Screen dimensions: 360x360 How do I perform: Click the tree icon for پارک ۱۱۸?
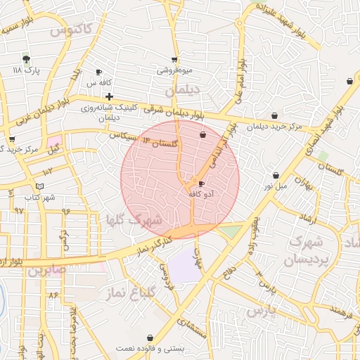point(27,58)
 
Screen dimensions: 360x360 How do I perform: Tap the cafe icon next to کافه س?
point(99,72)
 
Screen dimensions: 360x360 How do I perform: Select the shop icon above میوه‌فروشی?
point(174,60)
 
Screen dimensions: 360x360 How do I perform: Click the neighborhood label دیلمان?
point(184,91)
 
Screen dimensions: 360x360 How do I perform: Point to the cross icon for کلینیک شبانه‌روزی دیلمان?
point(109,96)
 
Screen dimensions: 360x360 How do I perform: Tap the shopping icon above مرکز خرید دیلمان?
point(274,115)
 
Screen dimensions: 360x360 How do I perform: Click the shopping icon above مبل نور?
point(276,175)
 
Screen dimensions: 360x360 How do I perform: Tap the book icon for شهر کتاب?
point(40,186)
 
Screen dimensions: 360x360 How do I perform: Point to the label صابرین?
point(47,269)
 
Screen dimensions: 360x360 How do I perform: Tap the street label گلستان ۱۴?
point(161,143)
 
